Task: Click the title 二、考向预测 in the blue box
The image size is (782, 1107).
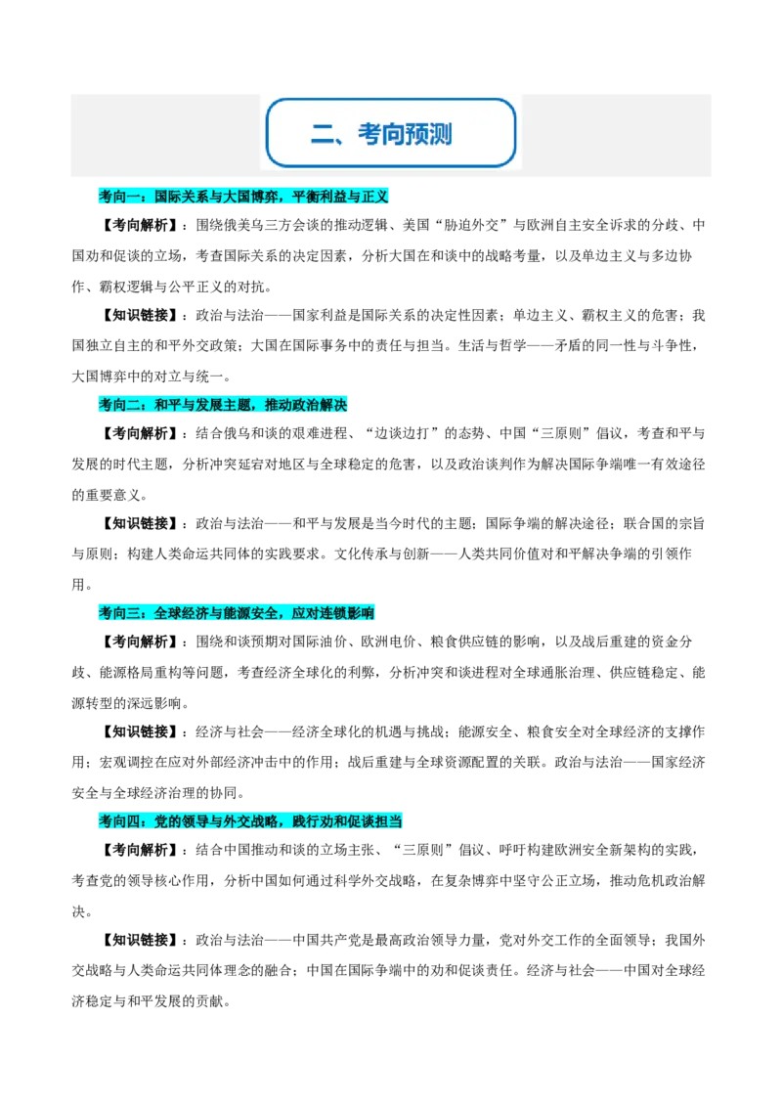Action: click(381, 133)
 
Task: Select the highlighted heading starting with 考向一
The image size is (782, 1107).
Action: click(243, 197)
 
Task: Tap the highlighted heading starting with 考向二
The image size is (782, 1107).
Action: click(223, 405)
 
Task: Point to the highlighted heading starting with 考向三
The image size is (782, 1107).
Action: click(237, 613)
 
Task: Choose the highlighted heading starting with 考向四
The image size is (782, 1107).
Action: click(250, 821)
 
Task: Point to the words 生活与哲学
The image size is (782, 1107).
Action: click(493, 346)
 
